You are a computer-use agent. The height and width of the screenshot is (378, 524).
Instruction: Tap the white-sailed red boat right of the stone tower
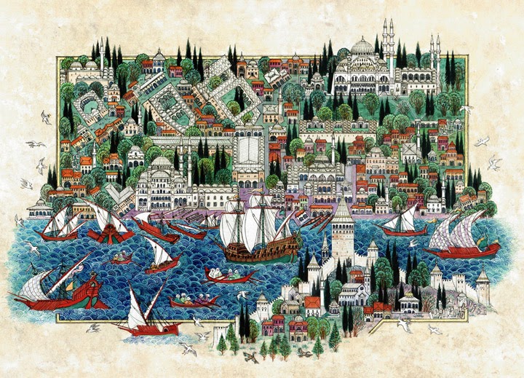click(405, 221)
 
